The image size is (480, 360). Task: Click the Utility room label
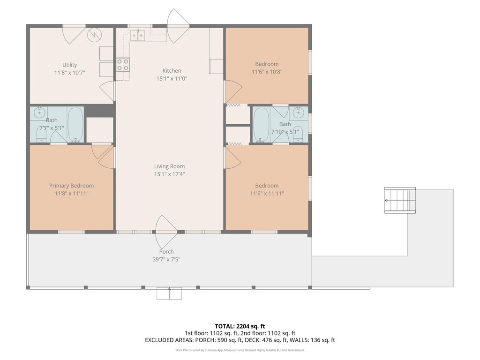[x=69, y=65]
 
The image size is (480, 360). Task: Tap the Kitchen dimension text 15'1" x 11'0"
[x=172, y=79]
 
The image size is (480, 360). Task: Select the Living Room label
[x=169, y=166]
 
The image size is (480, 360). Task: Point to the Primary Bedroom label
[x=71, y=186]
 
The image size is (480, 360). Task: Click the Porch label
[x=166, y=252]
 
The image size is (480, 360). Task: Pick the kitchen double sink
[x=138, y=35]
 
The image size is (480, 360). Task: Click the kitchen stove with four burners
[x=122, y=65]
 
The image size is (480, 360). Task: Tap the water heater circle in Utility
[x=94, y=35]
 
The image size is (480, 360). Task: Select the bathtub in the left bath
[x=75, y=125]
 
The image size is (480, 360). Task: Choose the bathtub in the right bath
[x=261, y=125]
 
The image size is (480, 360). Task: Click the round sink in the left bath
[x=39, y=112]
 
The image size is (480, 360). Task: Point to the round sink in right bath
[x=298, y=112]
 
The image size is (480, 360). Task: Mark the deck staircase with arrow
[x=400, y=200]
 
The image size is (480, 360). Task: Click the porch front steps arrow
[x=169, y=293]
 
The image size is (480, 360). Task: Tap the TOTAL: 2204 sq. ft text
[x=240, y=326]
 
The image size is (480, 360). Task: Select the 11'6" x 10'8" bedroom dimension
[x=267, y=72]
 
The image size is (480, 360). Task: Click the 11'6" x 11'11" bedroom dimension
[x=267, y=194]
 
